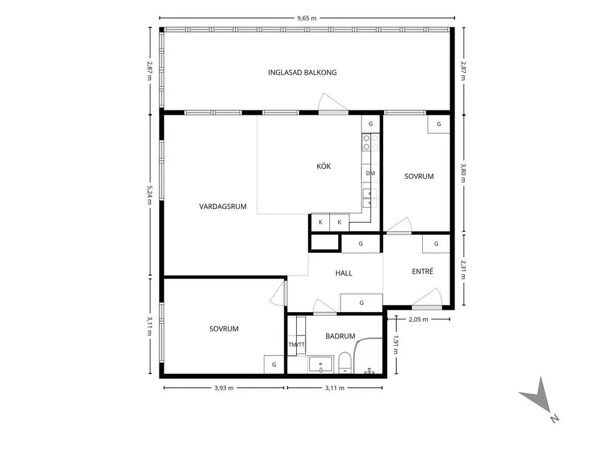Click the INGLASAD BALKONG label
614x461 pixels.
[302, 73]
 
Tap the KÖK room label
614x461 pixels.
[324, 166]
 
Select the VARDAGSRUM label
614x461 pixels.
[223, 206]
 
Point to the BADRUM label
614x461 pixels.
[341, 336]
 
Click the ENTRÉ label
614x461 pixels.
[423, 271]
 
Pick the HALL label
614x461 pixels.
[344, 273]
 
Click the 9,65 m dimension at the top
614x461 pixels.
[306, 17]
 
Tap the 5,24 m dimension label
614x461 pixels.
[149, 195]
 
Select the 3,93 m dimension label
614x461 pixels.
[224, 388]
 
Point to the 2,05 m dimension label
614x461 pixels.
[419, 319]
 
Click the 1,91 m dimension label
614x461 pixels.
[396, 344]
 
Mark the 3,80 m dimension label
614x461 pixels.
[463, 173]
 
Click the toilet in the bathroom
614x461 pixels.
[345, 363]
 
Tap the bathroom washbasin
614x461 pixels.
[320, 364]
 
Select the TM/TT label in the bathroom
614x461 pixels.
[296, 345]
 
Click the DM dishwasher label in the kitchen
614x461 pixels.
[370, 173]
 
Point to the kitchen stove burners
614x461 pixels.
[371, 142]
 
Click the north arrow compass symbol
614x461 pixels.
[539, 399]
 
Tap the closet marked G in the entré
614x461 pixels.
[436, 244]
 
